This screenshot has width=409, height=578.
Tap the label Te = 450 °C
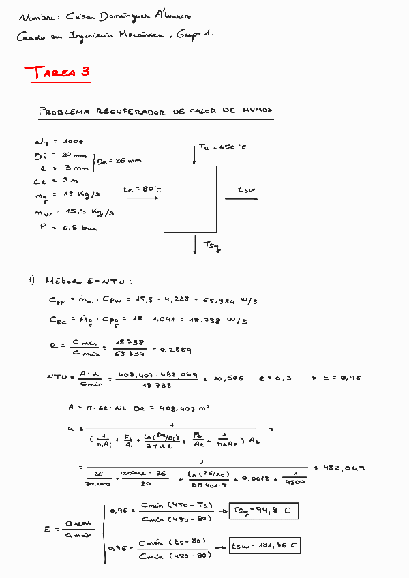(x=223, y=147)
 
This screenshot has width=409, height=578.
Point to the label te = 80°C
(x=142, y=190)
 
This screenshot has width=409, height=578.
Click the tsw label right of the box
(x=245, y=190)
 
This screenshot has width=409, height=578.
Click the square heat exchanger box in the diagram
(x=190, y=199)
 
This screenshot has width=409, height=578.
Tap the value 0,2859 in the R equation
(x=175, y=350)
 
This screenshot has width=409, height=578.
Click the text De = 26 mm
(x=119, y=161)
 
